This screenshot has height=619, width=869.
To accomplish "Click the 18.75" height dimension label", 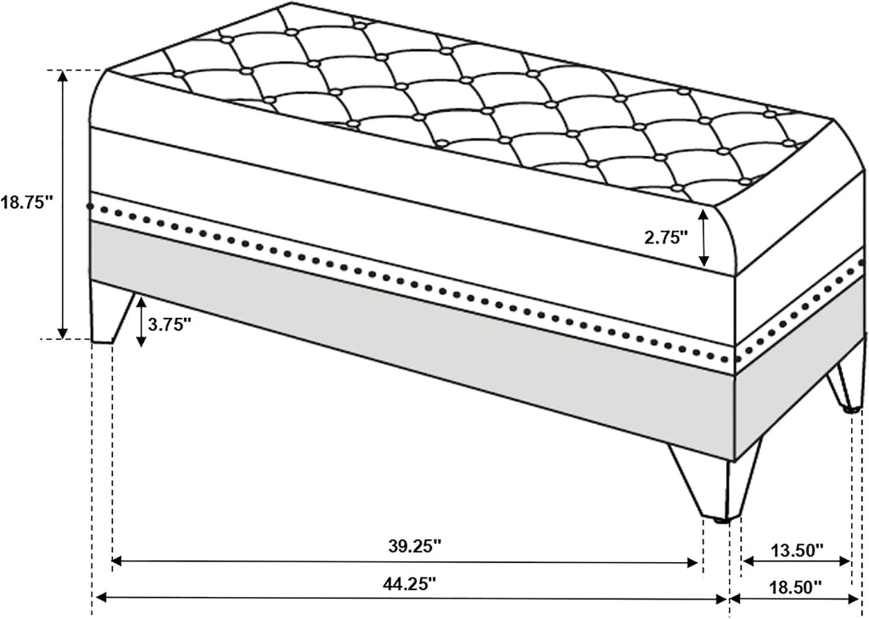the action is pos(26,202).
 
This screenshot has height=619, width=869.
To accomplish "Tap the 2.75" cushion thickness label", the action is pos(665,237).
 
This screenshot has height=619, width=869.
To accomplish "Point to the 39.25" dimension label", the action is pos(414,546).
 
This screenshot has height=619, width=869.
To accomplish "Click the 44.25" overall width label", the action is pos(410,583).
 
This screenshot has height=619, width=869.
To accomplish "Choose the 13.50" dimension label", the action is pos(796,550).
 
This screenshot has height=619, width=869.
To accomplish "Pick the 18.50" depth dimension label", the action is pos(794,585).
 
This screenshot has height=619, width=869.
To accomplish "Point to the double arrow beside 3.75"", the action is pos(142,321).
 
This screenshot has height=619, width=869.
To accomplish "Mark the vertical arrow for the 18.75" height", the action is pos(63,204).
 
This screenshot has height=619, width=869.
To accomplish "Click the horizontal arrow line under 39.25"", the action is pos(405,562).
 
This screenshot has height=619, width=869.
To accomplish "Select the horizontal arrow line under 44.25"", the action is pos(412,599).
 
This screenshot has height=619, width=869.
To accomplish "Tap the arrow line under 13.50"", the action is pos(796,561).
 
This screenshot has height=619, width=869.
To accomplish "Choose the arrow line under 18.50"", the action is pos(795,599).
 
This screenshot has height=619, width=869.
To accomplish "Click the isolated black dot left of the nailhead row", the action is pos(90,206).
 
